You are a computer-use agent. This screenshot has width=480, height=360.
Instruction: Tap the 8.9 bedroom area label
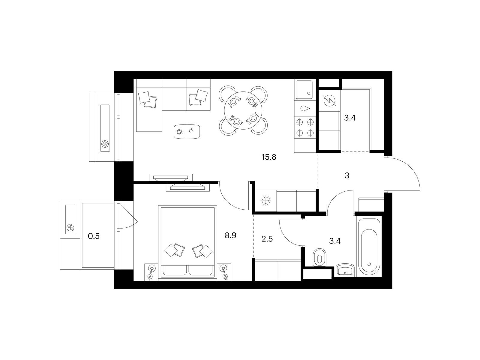231,235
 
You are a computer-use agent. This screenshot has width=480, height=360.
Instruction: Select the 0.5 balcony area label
94,236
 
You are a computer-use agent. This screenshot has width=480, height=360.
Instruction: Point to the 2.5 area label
267,240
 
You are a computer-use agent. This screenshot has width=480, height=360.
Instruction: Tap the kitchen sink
304,90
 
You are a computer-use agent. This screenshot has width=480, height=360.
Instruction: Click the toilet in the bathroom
319,257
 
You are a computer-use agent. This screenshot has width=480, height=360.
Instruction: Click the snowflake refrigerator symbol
265,201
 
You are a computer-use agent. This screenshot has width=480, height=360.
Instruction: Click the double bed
187,241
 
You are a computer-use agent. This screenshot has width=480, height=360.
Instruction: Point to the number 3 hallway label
347,175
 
